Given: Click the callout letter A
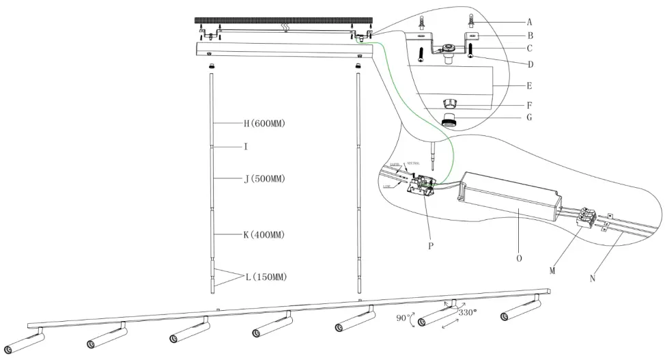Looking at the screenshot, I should point(530,21).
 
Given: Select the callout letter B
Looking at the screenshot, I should point(530,36).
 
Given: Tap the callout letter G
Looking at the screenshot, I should point(530,117).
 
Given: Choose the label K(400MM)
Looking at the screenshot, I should point(264,235).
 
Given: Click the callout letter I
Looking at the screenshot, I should point(245,147).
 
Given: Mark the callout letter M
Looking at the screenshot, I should point(552,271).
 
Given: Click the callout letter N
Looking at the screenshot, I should point(592,278).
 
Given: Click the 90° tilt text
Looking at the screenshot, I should point(405,318).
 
